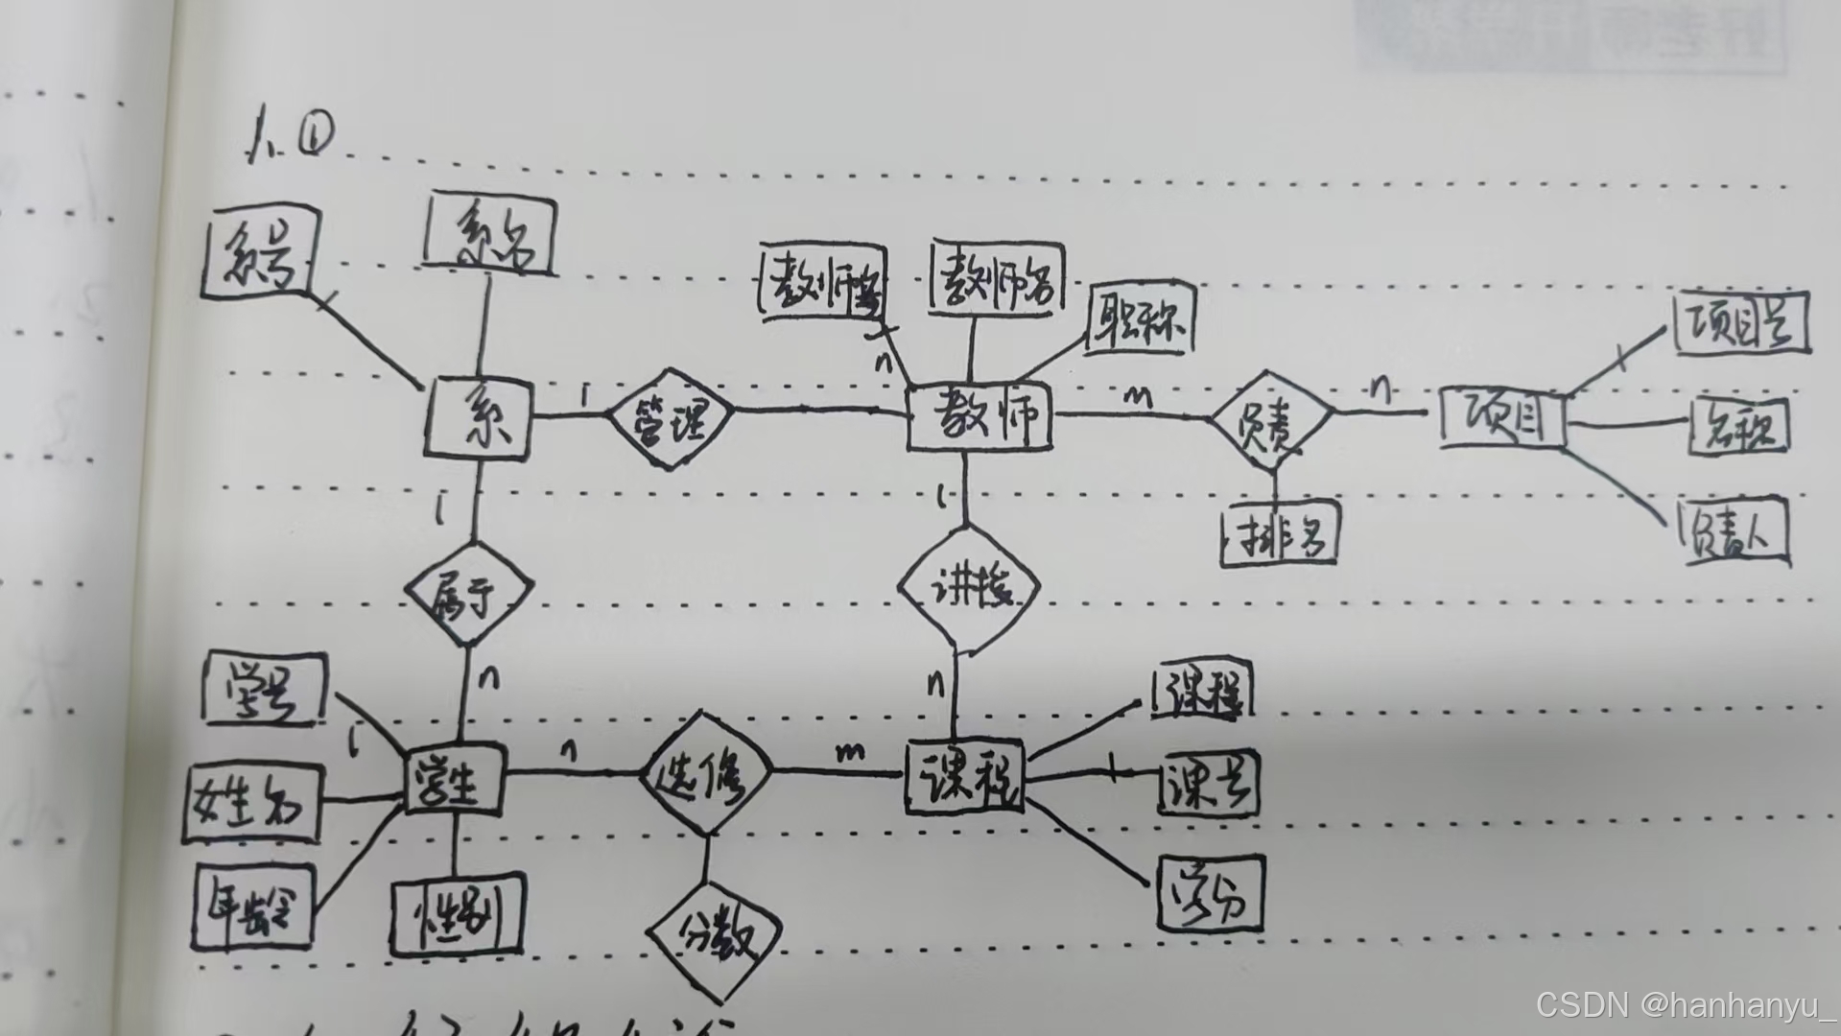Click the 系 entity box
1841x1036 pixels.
(x=478, y=418)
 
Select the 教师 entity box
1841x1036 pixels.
(x=979, y=418)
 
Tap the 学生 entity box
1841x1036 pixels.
(x=454, y=779)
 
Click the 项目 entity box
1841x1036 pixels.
(x=1502, y=418)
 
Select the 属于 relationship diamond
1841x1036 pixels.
(x=468, y=594)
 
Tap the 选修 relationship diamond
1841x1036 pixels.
(x=705, y=773)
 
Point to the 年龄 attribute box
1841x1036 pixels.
(x=254, y=905)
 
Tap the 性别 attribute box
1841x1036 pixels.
(x=458, y=913)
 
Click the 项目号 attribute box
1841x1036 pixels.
(x=1739, y=323)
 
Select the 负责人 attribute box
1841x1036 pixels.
(x=1735, y=530)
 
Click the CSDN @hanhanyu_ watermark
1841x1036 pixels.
(x=1685, y=1004)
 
